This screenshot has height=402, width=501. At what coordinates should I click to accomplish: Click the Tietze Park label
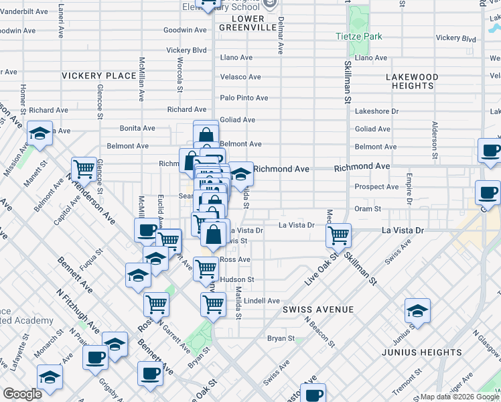click(359, 36)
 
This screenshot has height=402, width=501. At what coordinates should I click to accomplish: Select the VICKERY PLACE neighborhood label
click(99, 76)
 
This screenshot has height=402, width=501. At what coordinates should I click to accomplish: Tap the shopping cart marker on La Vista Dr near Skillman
click(339, 235)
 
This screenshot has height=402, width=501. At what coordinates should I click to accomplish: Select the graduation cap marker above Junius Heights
click(417, 310)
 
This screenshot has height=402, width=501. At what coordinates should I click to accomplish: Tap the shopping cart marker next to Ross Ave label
click(206, 268)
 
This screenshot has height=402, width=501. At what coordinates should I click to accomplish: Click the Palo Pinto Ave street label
click(244, 98)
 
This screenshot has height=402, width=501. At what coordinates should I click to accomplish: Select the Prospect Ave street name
click(376, 187)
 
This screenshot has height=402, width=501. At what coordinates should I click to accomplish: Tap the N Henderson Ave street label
click(89, 194)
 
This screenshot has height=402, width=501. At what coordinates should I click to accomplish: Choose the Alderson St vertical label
click(435, 136)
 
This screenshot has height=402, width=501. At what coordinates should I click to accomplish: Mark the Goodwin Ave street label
click(185, 30)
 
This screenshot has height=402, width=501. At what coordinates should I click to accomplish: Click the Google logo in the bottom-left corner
click(22, 394)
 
